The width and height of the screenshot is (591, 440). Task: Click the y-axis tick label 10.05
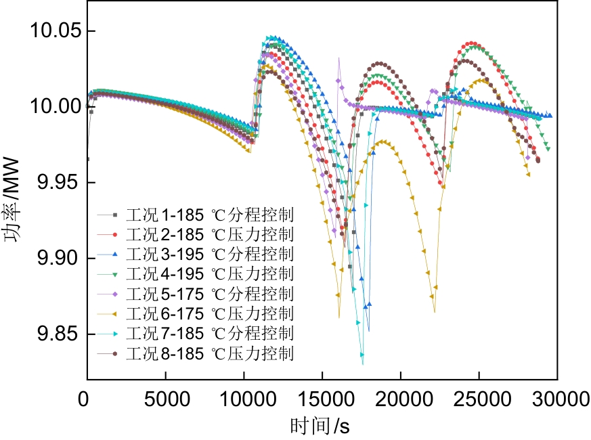coord(53,32)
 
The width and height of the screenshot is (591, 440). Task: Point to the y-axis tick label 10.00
coord(53,108)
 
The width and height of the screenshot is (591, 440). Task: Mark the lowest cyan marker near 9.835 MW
coord(362,355)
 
